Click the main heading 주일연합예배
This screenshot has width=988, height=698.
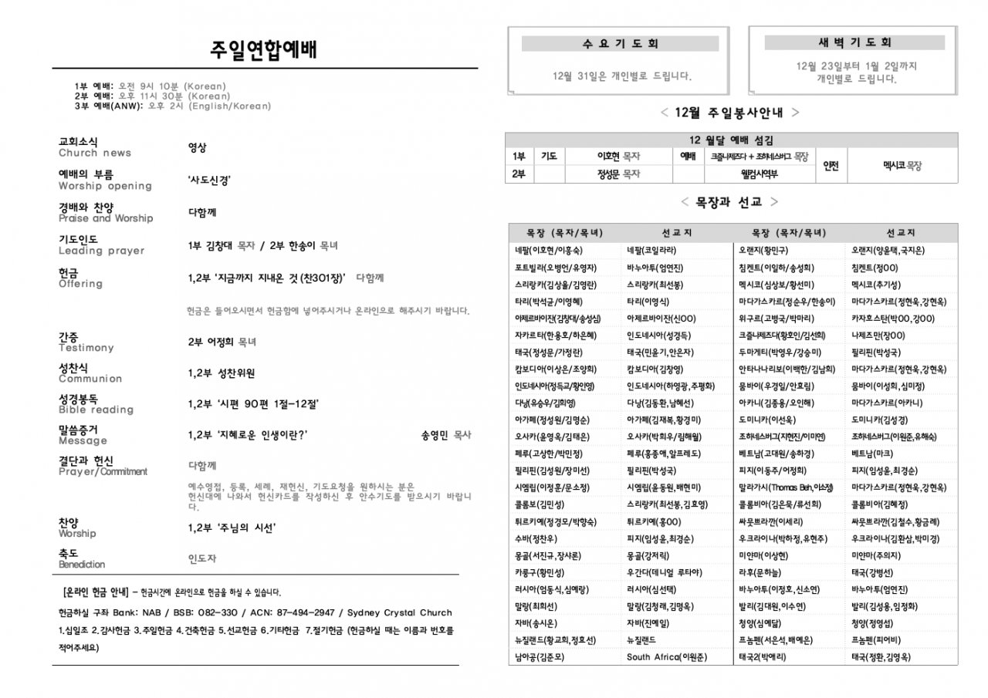coord(263,50)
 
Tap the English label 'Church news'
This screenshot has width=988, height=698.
coord(95,153)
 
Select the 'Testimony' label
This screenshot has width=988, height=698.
coord(86,349)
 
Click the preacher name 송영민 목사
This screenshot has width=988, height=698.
coord(446,435)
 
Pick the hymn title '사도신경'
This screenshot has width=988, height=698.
coord(209,180)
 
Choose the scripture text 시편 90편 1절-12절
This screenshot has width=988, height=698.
coord(254,403)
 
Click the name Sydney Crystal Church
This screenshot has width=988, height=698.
coord(400,613)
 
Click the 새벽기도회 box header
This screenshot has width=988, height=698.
coord(854,42)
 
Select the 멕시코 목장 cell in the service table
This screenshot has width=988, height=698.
coord(902,165)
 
